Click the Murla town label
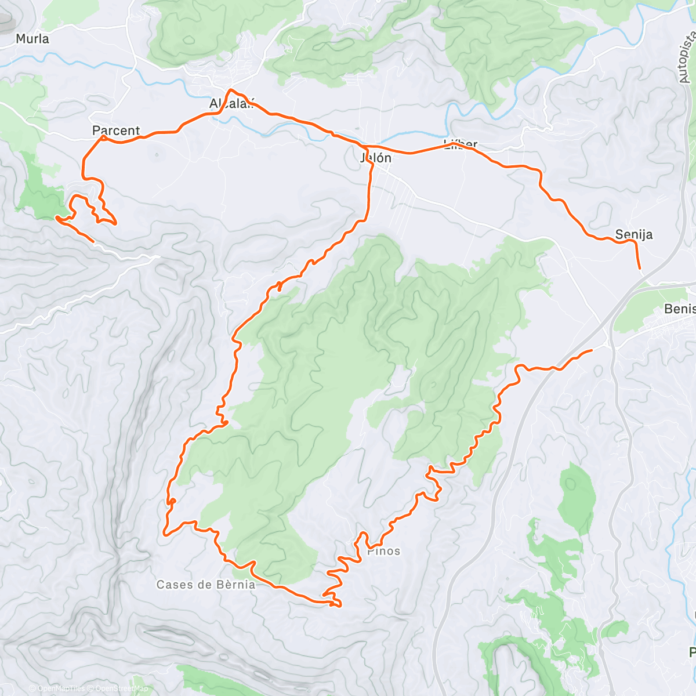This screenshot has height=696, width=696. (32, 39)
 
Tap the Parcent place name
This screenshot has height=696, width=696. (116, 130)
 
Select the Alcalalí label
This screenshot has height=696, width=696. (232, 104)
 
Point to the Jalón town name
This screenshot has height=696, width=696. (376, 158)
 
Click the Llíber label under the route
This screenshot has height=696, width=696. (461, 144)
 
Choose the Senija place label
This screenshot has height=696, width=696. (634, 234)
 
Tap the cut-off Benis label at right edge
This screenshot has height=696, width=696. (680, 309)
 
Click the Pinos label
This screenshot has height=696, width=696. (384, 551)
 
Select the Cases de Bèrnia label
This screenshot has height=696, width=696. (206, 585)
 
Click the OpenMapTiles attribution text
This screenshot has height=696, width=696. (61, 688)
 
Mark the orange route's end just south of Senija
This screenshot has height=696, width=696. (640, 269)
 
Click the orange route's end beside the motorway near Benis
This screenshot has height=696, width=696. (591, 350)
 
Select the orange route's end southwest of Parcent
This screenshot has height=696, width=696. (93, 241)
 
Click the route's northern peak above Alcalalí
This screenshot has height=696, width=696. (231, 90)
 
